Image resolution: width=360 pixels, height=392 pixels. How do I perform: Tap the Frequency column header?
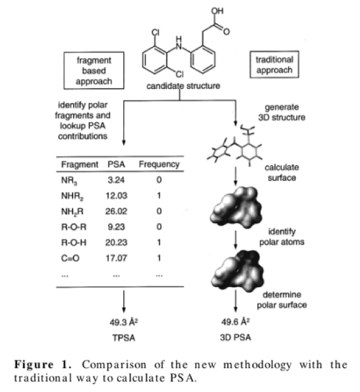[x=159, y=164]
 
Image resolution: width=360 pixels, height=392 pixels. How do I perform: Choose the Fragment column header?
[x=80, y=164]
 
